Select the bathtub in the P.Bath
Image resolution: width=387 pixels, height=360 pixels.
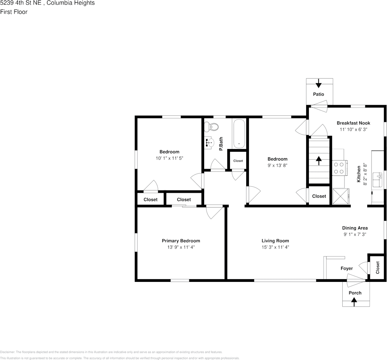click(239, 134)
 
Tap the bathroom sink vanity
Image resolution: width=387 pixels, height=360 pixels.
click(210, 143)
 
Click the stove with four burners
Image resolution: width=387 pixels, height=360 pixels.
click(339, 168)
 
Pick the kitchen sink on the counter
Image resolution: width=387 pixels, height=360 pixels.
click(378, 179)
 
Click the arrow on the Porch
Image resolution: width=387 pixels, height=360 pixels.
click(354, 302)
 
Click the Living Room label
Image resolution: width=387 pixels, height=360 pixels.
click(275, 241)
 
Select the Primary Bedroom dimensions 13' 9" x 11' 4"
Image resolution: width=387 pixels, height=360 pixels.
click(181, 247)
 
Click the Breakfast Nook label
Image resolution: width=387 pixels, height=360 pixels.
click(353, 123)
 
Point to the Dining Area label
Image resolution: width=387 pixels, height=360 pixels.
click(355, 228)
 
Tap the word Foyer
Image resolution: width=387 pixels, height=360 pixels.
click(346, 268)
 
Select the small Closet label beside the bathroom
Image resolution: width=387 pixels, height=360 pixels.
click(238, 161)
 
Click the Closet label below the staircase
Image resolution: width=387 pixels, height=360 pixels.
click(319, 196)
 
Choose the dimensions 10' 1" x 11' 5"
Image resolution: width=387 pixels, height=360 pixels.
click(169, 158)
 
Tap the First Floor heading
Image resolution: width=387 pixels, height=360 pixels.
click(14, 12)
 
